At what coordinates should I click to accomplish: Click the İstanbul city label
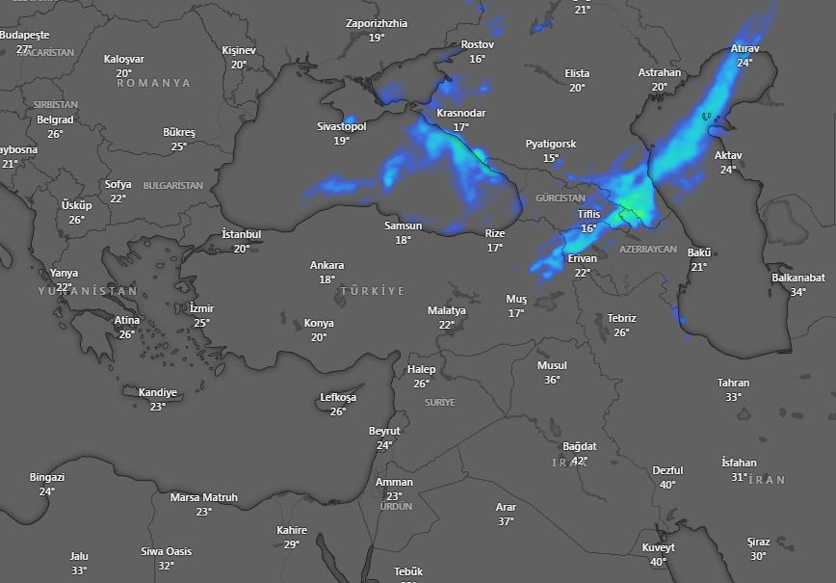pyautogui.click(x=241, y=234)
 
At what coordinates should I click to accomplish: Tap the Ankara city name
pyautogui.click(x=327, y=265)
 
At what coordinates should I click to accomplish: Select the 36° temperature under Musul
pyautogui.click(x=552, y=380)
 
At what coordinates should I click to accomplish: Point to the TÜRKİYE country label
pyautogui.click(x=372, y=290)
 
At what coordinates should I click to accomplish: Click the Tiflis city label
pyautogui.click(x=588, y=214)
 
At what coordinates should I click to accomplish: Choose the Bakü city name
pyautogui.click(x=698, y=252)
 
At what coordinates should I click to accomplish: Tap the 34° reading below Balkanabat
pyautogui.click(x=797, y=292)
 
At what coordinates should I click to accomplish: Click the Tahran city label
pyautogui.click(x=733, y=383)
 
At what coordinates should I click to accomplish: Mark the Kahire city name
pyautogui.click(x=292, y=530)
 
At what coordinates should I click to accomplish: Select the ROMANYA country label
pyautogui.click(x=154, y=83)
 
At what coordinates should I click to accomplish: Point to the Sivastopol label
pyautogui.click(x=342, y=126)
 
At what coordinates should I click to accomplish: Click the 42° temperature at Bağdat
pyautogui.click(x=580, y=461)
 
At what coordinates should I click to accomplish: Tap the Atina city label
pyautogui.click(x=127, y=320)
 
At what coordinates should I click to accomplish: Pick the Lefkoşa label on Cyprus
pyautogui.click(x=338, y=397)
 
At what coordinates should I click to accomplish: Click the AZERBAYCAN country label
pyautogui.click(x=648, y=249)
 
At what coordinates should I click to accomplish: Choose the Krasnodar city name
pyautogui.click(x=460, y=113)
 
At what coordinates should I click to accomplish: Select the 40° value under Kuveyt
pyautogui.click(x=658, y=562)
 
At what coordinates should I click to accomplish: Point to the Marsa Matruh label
pyautogui.click(x=203, y=497)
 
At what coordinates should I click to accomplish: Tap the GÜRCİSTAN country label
pyautogui.click(x=560, y=198)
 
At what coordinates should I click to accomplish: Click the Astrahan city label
pyautogui.click(x=659, y=72)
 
